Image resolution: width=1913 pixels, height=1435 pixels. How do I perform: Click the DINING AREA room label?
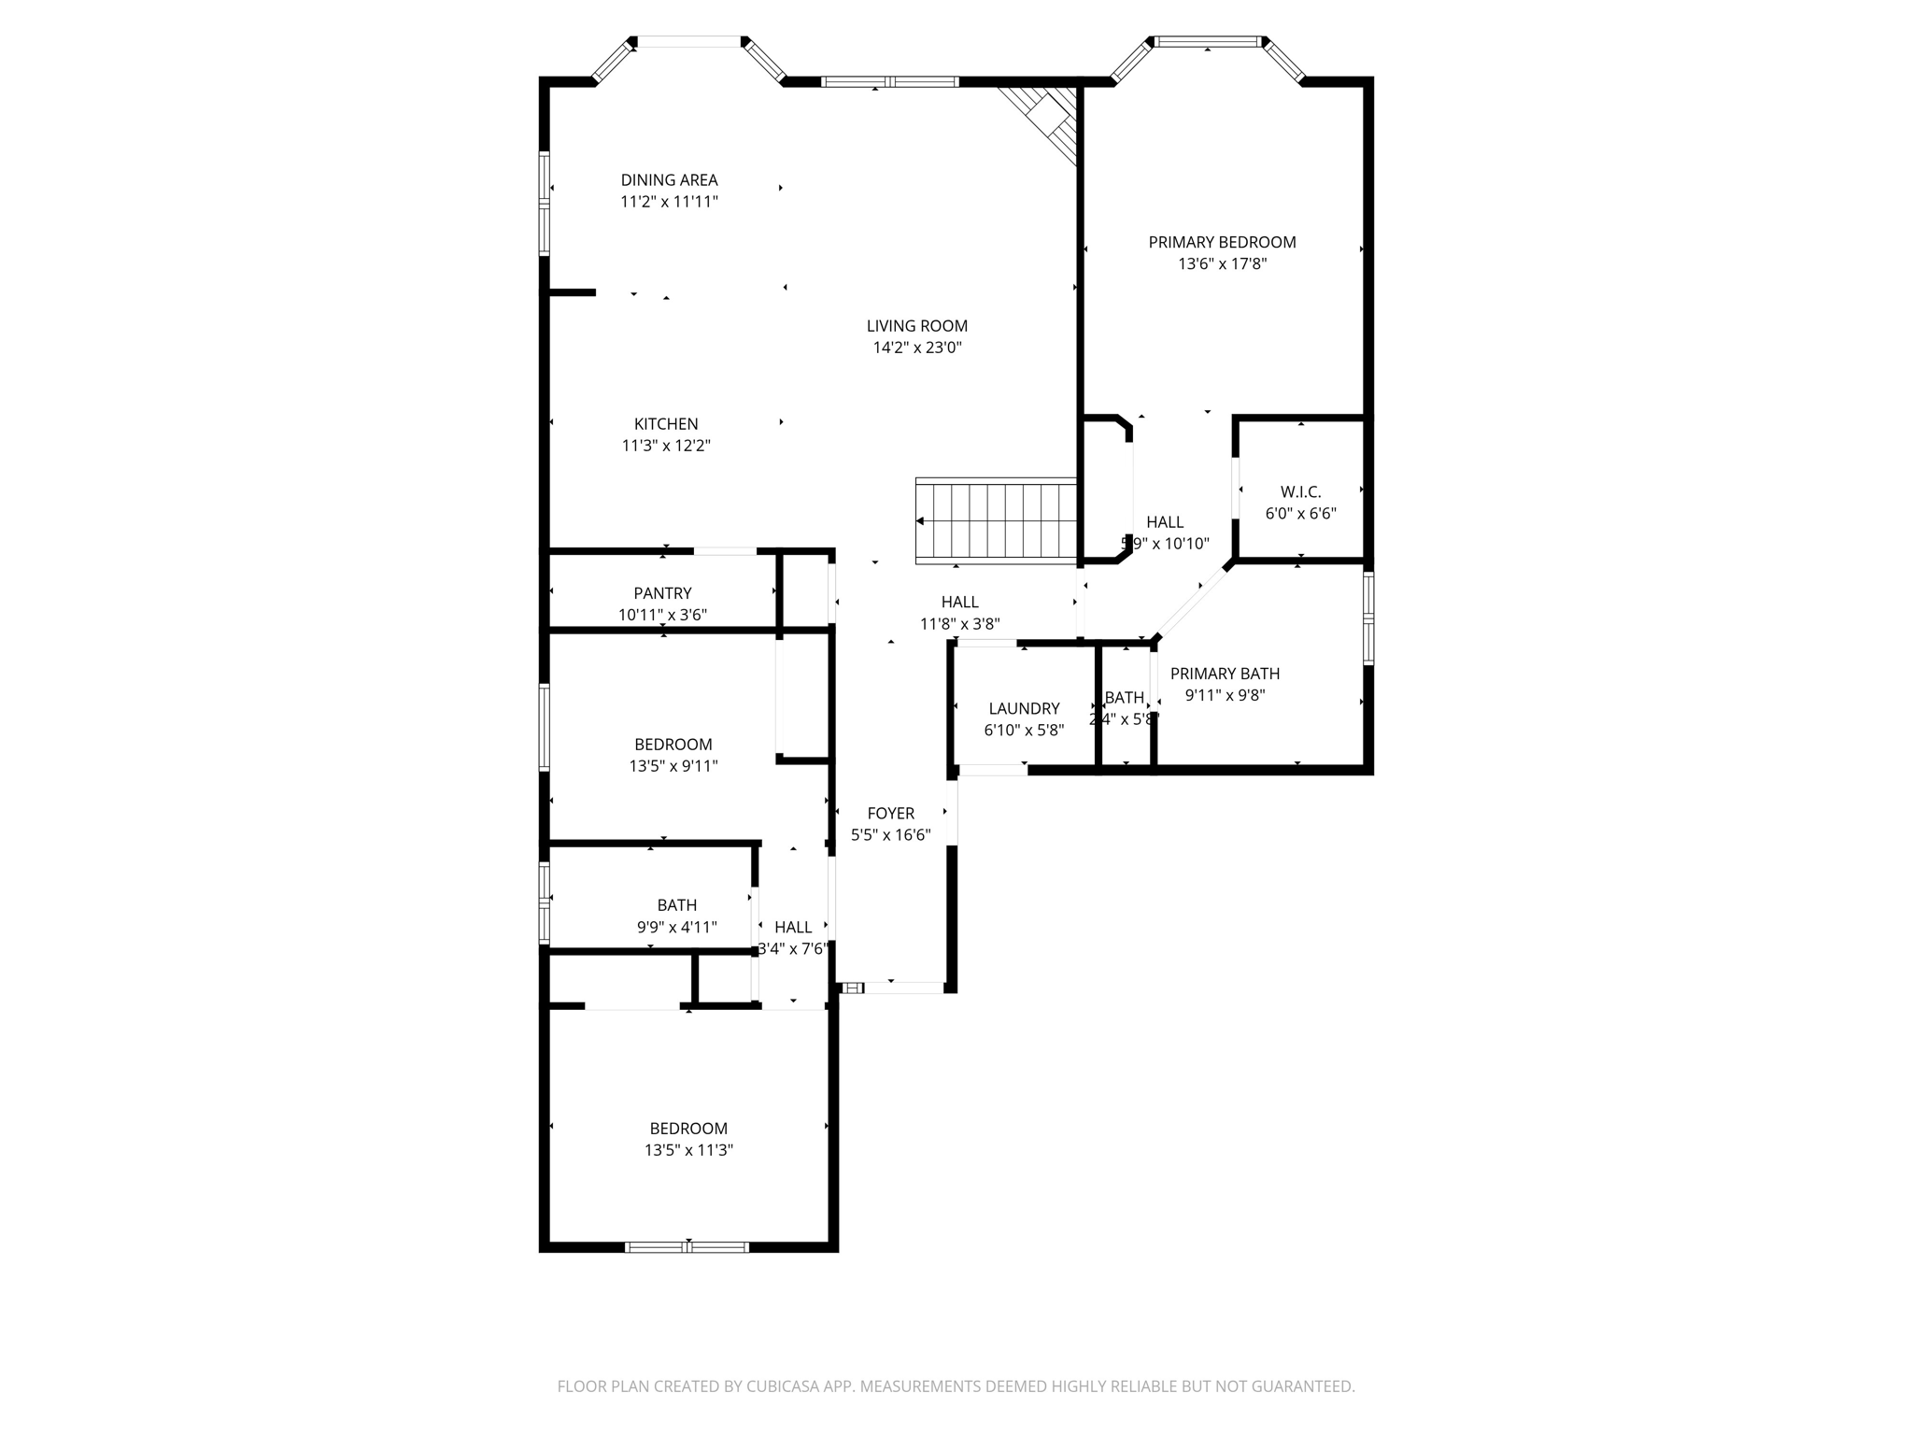pyautogui.click(x=669, y=179)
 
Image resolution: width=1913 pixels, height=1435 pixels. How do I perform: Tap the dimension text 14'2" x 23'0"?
pyautogui.click(x=916, y=348)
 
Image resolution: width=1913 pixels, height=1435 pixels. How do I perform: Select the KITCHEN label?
pyautogui.click(x=666, y=424)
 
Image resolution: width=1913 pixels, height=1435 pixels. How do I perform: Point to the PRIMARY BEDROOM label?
pyautogui.click(x=1222, y=242)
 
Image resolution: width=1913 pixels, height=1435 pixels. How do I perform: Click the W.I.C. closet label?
pyautogui.click(x=1300, y=491)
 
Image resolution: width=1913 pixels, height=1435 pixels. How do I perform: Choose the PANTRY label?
pyautogui.click(x=662, y=593)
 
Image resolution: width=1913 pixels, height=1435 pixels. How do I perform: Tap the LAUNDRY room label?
pyautogui.click(x=1024, y=708)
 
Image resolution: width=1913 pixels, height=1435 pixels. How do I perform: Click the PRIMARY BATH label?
pyautogui.click(x=1225, y=674)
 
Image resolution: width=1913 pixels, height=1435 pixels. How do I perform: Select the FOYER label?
pyautogui.click(x=890, y=814)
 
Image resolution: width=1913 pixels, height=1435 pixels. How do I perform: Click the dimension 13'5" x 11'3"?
pyautogui.click(x=688, y=1150)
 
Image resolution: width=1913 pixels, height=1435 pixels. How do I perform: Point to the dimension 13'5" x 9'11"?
pyautogui.click(x=673, y=766)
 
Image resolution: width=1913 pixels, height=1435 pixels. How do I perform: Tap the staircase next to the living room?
pyautogui.click(x=998, y=520)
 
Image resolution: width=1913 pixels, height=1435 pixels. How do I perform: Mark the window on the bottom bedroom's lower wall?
pyautogui.click(x=687, y=1246)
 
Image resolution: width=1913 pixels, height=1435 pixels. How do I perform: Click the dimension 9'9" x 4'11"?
pyautogui.click(x=676, y=927)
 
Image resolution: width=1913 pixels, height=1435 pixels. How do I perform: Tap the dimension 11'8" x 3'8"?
pyautogui.click(x=959, y=624)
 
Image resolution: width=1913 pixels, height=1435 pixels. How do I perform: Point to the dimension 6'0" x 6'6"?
pyautogui.click(x=1300, y=514)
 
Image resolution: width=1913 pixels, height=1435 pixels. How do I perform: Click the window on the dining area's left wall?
pyautogui.click(x=545, y=203)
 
